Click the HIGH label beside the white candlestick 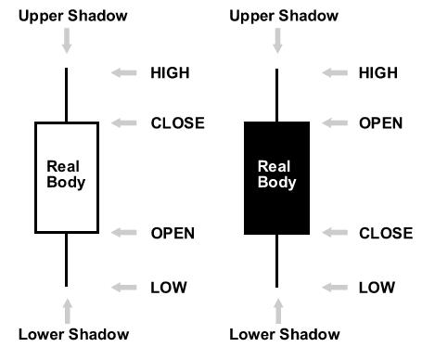[170, 73]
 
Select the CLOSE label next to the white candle [177, 123]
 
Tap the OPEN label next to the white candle [173, 233]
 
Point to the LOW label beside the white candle [169, 288]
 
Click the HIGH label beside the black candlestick [378, 73]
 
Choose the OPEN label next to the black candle [380, 123]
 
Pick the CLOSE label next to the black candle [386, 233]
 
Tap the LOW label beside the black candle [377, 288]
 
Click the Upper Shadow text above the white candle [73, 16]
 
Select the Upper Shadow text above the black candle [284, 16]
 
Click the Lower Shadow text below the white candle [73, 334]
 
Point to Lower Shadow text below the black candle [285, 334]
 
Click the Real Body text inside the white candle [66, 174]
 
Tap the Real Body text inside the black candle [276, 174]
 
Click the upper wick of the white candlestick [66, 95]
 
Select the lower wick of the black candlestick [276, 261]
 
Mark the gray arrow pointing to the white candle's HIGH [124, 73]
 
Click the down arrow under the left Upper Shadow [67, 41]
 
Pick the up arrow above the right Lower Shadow [278, 311]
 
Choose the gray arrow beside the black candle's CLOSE [335, 233]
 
